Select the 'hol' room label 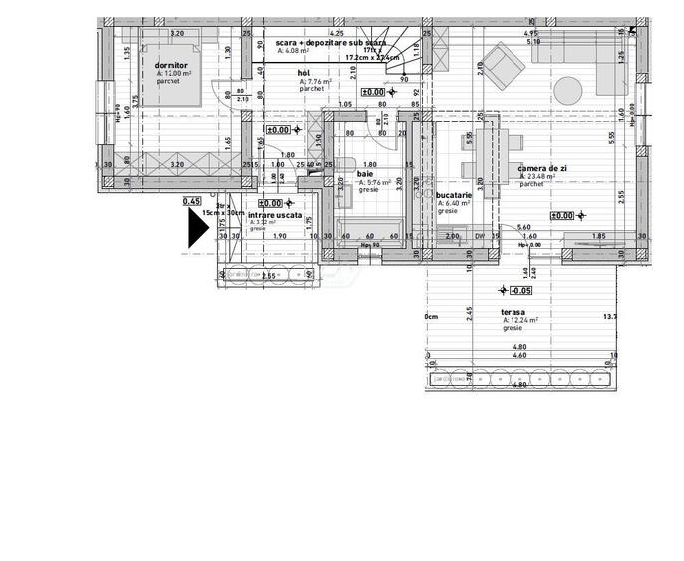pos(303,73)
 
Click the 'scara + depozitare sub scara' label pos(331,44)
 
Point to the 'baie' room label pos(365,174)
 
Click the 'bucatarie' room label pos(454,195)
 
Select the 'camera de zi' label pos(542,169)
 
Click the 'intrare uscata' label pos(275,214)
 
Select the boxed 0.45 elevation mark pos(192,201)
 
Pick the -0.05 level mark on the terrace pos(520,291)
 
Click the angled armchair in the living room pos(504,63)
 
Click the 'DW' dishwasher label pos(481,237)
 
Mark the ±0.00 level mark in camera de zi pos(563,215)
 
